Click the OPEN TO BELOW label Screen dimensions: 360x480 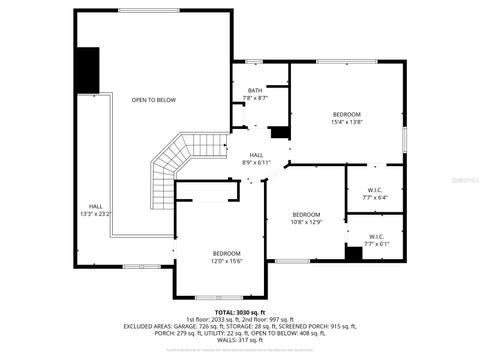pos(153,100)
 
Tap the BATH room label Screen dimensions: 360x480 pos(256,91)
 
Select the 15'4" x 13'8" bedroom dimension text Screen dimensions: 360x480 pos(346,122)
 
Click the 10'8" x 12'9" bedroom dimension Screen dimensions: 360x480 pos(306,222)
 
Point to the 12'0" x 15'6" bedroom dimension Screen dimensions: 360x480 pos(227,261)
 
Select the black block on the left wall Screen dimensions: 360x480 pos(90,69)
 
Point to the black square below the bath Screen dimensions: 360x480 pos(280,131)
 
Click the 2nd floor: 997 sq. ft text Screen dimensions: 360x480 pos(277,318)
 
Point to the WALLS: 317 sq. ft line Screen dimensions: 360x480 pos(240,341)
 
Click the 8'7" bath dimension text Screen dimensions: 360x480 pos(262,98)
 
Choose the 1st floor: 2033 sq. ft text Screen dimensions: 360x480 pos(211,318)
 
